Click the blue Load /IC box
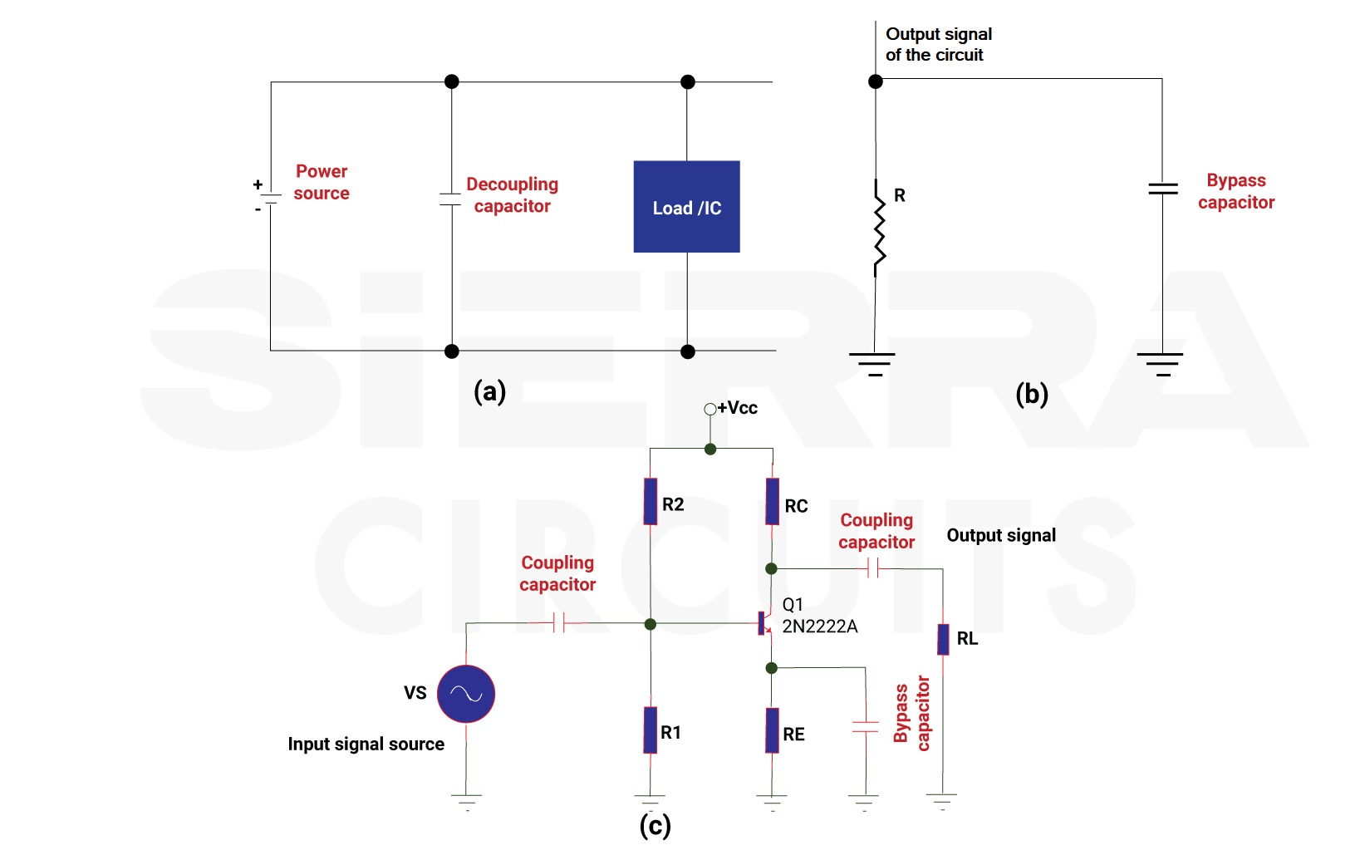[687, 206]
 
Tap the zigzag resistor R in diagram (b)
[878, 228]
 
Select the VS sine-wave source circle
[466, 694]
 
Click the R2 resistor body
[651, 502]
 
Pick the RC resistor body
[773, 502]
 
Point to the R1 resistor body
[651, 730]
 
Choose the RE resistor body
[773, 730]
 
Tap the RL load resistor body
[943, 640]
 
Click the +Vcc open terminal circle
[709, 410]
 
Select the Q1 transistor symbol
[765, 624]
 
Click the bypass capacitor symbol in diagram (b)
[1162, 189]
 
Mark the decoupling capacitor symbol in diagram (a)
[450, 199]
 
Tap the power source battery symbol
[270, 199]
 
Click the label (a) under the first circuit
[489, 391]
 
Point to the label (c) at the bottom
[655, 826]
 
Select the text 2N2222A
[820, 626]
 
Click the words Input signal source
[366, 744]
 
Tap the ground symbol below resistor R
[871, 364]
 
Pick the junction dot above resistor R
[876, 81]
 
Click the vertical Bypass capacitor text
[912, 713]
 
